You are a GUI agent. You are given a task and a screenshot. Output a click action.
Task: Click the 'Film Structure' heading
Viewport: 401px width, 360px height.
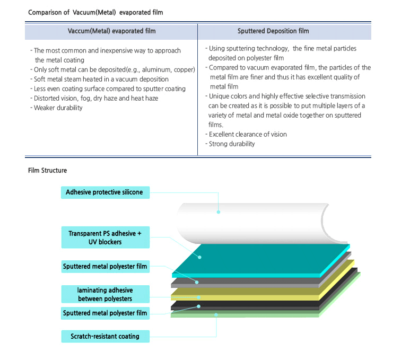pyautogui.click(x=47, y=170)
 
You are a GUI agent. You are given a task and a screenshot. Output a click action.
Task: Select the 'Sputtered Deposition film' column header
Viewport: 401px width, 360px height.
pyautogui.click(x=273, y=31)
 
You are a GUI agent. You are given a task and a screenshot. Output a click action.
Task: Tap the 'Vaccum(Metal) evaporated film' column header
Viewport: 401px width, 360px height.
pyautogui.click(x=111, y=31)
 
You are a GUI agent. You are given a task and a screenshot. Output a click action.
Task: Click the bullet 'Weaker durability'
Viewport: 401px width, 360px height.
pyautogui.click(x=56, y=108)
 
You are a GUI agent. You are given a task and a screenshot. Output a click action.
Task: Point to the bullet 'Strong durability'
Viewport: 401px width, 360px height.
pyautogui.click(x=230, y=144)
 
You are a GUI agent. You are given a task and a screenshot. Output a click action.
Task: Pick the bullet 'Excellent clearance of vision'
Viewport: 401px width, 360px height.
pyautogui.click(x=246, y=134)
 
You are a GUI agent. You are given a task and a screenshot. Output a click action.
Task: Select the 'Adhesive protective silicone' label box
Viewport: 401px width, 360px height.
pyautogui.click(x=105, y=192)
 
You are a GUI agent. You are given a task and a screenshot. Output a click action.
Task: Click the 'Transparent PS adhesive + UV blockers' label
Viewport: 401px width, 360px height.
pyautogui.click(x=106, y=238)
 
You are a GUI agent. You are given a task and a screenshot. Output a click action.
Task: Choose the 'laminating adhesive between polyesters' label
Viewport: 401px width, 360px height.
pyautogui.click(x=106, y=294)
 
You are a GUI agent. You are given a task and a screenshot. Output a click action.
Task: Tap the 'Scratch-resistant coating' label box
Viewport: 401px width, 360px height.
pyautogui.click(x=106, y=336)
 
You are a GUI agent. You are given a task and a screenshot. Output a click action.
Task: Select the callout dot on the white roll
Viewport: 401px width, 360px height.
pyautogui.click(x=219, y=212)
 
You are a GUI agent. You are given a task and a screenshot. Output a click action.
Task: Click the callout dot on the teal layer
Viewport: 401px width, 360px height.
pyautogui.click(x=199, y=257)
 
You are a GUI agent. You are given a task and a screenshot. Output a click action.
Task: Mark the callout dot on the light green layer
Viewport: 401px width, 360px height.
pyautogui.click(x=216, y=315)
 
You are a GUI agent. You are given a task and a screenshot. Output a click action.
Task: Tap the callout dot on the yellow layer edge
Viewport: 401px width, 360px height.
pyautogui.click(x=199, y=297)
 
